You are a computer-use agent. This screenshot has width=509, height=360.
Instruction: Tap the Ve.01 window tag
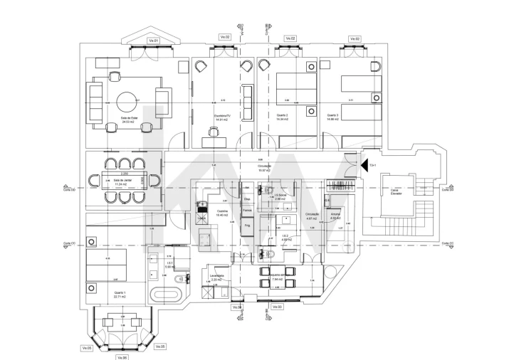pos(153,41)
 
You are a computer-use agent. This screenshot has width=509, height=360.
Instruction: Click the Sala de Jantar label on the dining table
pos(123,181)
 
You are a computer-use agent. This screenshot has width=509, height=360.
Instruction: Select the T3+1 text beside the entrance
pos(372,165)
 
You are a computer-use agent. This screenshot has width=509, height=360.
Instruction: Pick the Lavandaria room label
pos(217,277)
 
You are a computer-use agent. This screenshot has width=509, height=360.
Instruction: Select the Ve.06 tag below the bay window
pos(121,356)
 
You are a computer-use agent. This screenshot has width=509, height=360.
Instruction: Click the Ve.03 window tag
pos(275,307)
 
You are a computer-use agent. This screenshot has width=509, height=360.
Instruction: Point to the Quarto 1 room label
pos(120,293)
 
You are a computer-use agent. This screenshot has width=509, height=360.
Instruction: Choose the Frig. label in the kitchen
pos(247,225)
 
